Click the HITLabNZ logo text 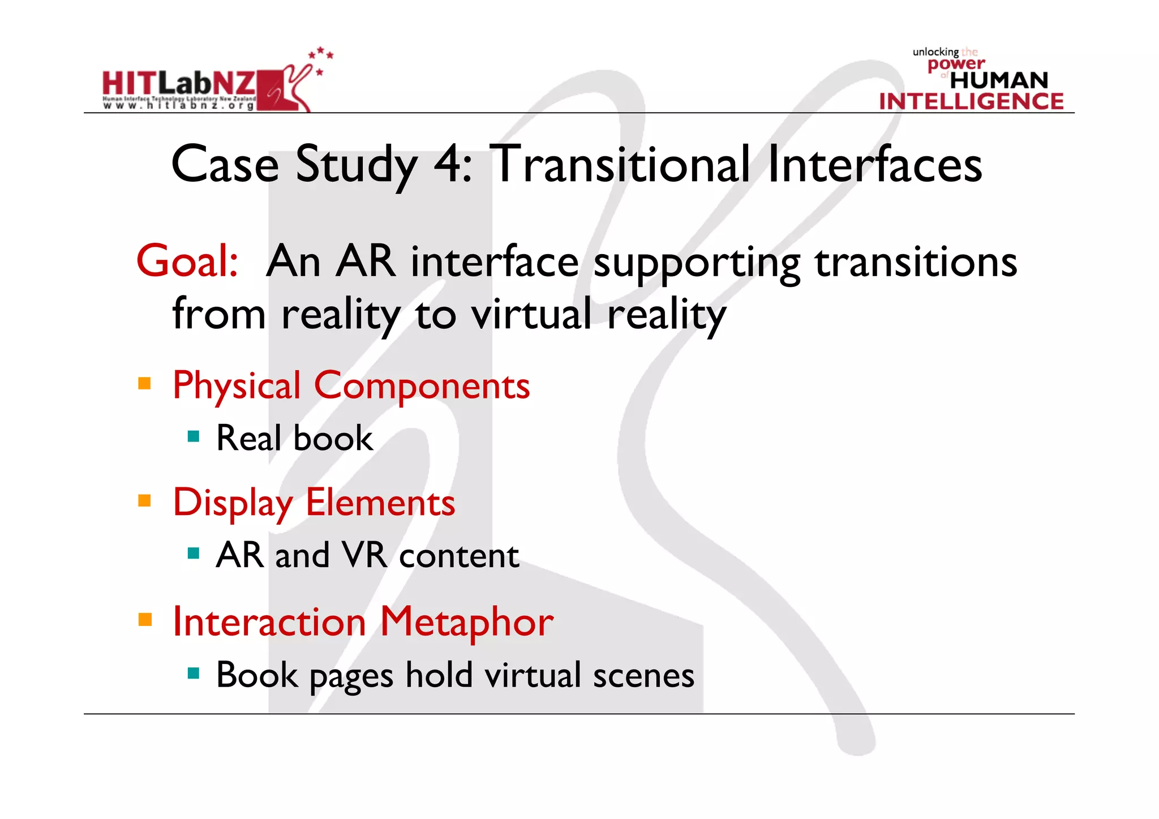click(x=179, y=84)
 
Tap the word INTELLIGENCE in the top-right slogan click(x=971, y=101)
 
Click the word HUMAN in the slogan click(x=999, y=80)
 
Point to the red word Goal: click(x=187, y=261)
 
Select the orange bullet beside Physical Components click(x=145, y=384)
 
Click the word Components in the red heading click(x=422, y=386)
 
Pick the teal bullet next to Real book click(x=194, y=436)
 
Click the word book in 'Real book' click(x=333, y=439)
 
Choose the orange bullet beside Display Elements click(x=145, y=501)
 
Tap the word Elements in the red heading click(x=380, y=503)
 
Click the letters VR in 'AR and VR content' click(x=365, y=555)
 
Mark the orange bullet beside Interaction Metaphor click(x=145, y=619)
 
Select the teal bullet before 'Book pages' click(x=194, y=673)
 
